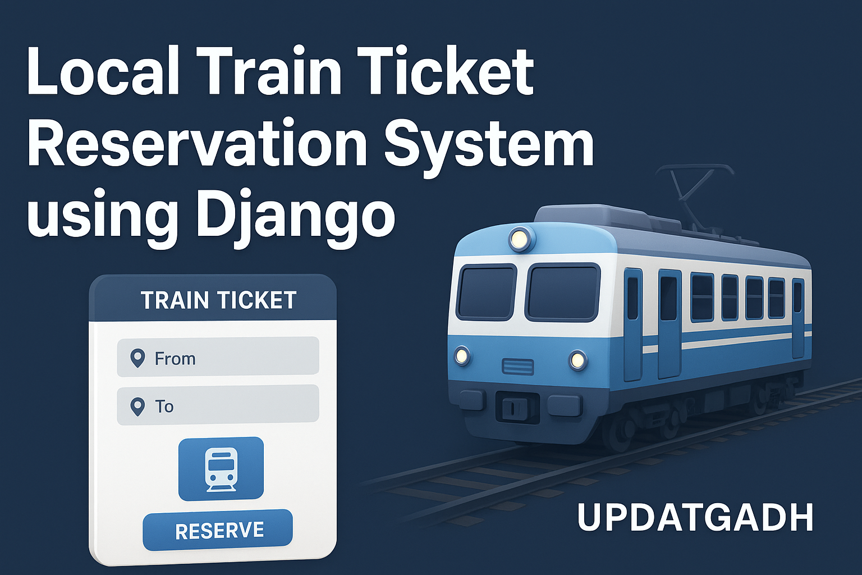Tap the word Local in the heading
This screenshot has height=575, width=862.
103,71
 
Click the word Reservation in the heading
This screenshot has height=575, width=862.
200,142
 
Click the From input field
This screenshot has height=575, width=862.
218,356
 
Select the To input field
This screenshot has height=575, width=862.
218,405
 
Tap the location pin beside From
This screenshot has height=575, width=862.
137,359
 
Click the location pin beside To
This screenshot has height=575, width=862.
137,407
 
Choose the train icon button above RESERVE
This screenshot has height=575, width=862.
221,469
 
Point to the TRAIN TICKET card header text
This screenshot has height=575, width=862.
218,300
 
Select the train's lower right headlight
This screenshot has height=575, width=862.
577,360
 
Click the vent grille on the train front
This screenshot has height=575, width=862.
518,366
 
